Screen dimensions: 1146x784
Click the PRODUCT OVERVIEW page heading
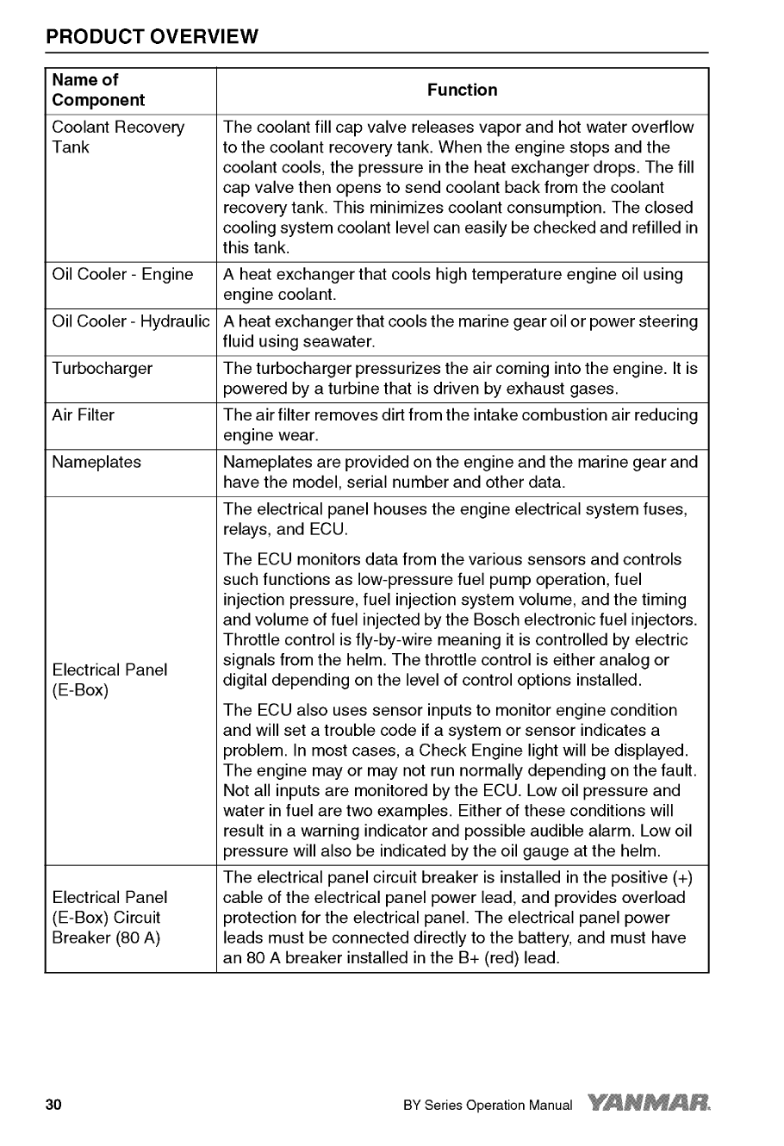point(152,37)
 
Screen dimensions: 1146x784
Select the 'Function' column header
point(462,90)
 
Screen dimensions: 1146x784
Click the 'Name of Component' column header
point(98,90)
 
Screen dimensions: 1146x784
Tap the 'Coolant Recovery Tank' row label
point(118,137)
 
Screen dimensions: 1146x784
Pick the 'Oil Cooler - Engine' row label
point(122,275)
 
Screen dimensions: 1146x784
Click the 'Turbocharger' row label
point(102,369)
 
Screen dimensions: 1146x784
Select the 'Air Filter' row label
point(83,415)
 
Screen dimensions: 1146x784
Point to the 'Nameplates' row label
point(96,462)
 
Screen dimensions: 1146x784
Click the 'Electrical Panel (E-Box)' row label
point(109,680)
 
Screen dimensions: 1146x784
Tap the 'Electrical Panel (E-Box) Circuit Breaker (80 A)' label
point(109,918)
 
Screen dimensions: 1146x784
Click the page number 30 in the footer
point(54,1105)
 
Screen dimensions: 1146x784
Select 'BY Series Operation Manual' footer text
point(487,1106)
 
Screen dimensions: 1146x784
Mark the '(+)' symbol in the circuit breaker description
point(681,878)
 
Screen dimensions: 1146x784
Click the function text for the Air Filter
point(460,425)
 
